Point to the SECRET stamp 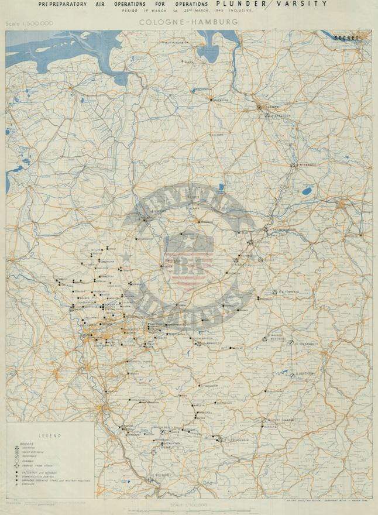pyautogui.click(x=345, y=37)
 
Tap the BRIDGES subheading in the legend pyautogui.click(x=20, y=443)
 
